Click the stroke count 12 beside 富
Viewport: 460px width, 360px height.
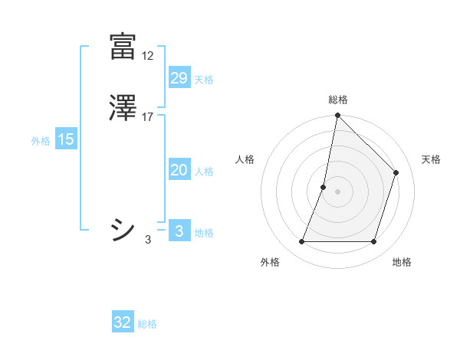click(148, 56)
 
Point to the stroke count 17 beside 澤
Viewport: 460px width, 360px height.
click(148, 117)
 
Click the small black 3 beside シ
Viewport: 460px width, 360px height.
click(148, 240)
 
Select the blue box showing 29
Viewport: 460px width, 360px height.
click(179, 78)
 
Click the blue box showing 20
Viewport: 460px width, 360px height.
click(179, 170)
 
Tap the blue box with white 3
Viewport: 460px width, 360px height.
click(179, 231)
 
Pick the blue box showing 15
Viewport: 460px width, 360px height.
click(66, 139)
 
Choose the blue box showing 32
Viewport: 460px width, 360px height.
click(123, 322)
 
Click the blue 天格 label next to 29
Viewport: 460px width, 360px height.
click(204, 80)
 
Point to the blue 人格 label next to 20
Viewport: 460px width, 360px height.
click(204, 172)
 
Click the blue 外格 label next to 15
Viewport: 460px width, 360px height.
click(41, 141)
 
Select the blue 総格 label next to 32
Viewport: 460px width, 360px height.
click(148, 324)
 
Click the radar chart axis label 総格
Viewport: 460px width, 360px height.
click(338, 100)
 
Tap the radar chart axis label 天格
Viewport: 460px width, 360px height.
click(432, 159)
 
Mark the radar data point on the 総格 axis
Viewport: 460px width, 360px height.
click(337, 115)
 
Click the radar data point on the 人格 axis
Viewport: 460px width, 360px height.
click(324, 186)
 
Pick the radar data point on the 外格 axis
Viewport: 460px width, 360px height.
click(301, 242)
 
